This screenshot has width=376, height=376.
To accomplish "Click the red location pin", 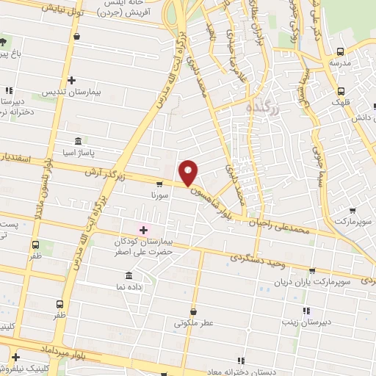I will click(189, 172).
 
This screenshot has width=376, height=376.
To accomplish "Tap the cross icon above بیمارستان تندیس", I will click(71, 80).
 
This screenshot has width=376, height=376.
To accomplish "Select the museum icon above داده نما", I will click(129, 275).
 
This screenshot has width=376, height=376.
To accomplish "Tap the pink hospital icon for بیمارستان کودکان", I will click(143, 230).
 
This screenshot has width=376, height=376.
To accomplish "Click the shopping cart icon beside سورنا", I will click(159, 184).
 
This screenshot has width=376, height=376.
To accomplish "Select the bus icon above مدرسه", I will click(339, 51).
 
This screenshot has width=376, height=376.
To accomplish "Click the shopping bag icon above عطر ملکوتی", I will click(193, 311).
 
